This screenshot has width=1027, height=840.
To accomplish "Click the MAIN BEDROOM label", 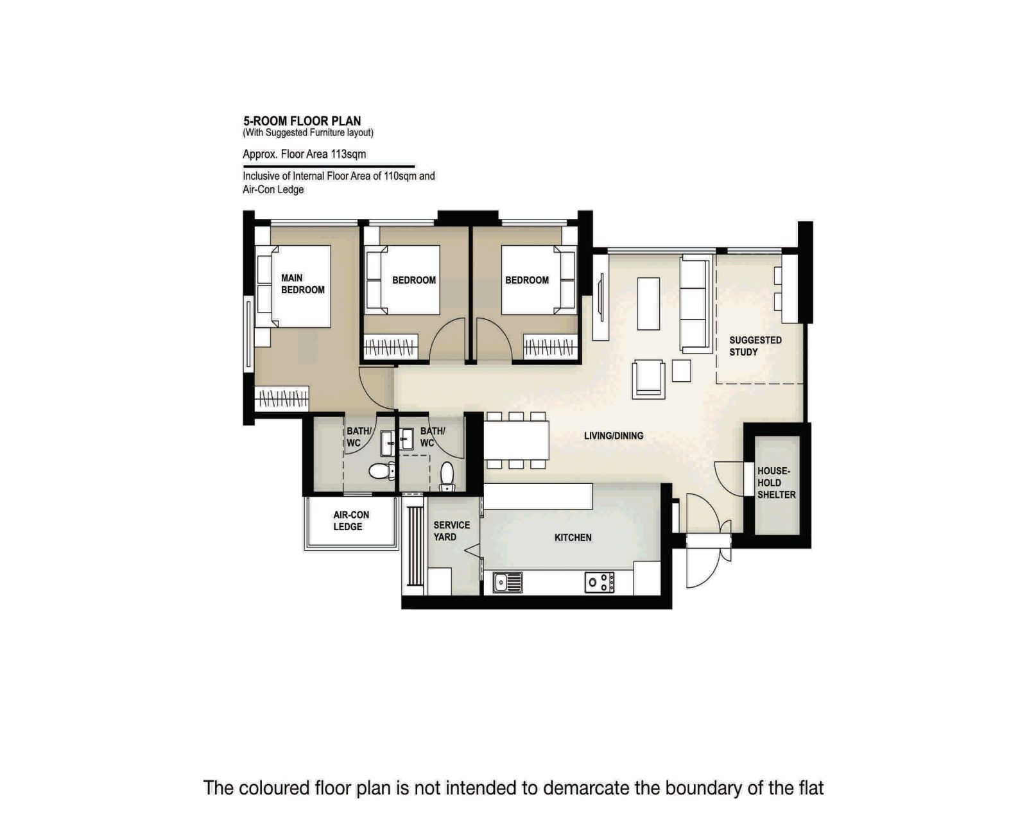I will click(302, 284).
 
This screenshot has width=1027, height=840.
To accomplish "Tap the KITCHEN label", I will click(573, 538).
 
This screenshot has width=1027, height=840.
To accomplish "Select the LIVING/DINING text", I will click(613, 436).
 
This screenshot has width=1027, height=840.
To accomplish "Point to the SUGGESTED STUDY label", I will click(755, 346).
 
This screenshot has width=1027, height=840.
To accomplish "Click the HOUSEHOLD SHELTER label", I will click(776, 483).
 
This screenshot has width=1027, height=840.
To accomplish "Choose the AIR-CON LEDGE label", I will click(350, 520).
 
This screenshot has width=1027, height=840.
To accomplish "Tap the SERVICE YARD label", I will click(451, 531).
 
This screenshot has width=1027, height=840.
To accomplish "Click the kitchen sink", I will click(507, 582).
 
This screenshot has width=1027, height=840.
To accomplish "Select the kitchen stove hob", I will click(600, 582).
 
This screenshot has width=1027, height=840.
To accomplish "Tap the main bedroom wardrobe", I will click(282, 399).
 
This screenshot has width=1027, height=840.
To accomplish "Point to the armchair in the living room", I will click(648, 379).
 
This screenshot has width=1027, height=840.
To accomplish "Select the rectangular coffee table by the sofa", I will click(648, 303).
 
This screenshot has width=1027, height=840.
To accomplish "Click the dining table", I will click(516, 440).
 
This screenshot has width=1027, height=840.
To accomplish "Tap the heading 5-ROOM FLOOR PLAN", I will click(302, 121).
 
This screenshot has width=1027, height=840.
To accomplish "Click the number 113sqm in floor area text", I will click(348, 154).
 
